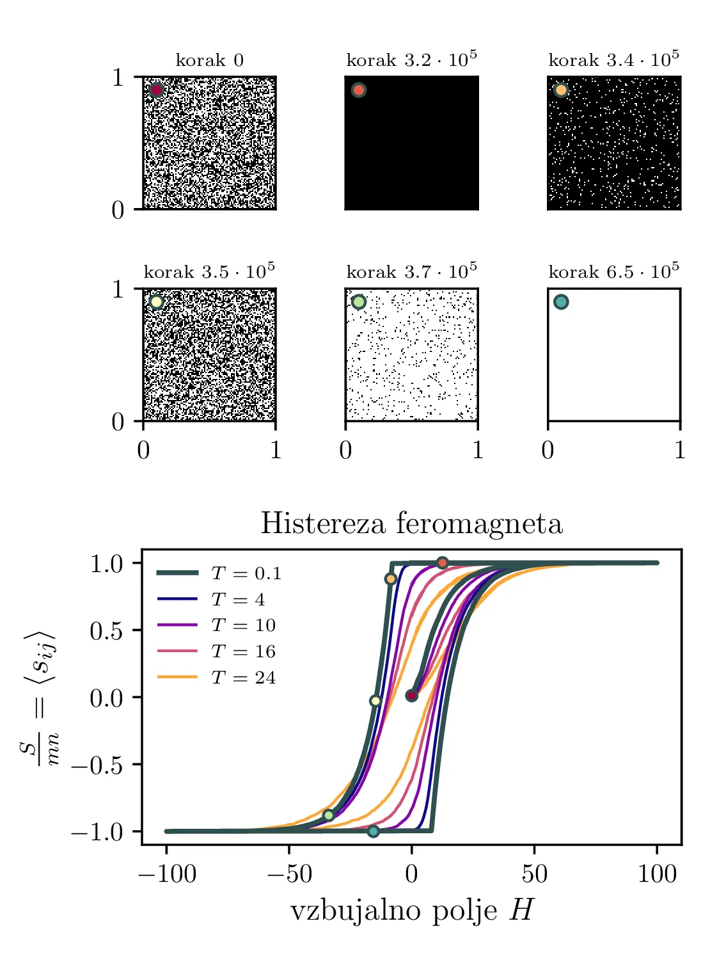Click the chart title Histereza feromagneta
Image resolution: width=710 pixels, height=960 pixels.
click(x=411, y=524)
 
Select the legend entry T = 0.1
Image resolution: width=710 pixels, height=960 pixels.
click(x=246, y=573)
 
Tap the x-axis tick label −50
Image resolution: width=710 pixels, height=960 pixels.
click(x=289, y=874)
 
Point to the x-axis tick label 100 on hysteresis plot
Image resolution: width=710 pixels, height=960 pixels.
click(x=657, y=874)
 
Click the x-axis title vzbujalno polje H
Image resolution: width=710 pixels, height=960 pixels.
click(x=411, y=910)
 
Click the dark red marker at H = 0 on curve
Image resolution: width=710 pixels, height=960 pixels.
click(x=412, y=695)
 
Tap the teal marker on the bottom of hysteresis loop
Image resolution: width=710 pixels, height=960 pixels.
click(x=374, y=831)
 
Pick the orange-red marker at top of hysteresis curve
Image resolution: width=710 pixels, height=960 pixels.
click(x=443, y=563)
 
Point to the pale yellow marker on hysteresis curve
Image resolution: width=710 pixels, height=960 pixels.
click(x=375, y=701)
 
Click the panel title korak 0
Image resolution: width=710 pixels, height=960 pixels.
click(x=209, y=61)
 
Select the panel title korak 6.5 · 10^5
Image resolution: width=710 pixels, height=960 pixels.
click(x=613, y=272)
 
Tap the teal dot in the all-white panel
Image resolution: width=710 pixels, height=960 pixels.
click(x=561, y=302)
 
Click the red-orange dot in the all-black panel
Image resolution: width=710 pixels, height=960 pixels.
click(x=359, y=90)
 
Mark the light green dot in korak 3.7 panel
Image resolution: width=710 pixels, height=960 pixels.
click(x=359, y=302)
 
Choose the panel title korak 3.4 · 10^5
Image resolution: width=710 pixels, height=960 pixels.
click(x=613, y=60)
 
